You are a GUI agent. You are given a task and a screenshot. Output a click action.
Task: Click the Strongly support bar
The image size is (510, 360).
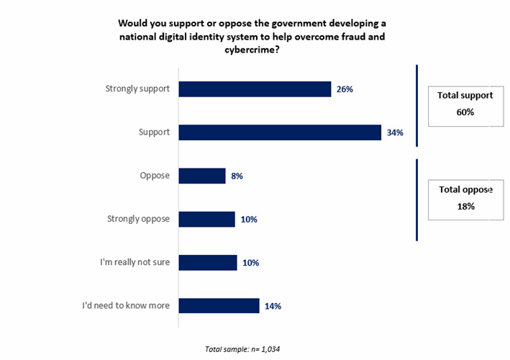[x=255, y=89]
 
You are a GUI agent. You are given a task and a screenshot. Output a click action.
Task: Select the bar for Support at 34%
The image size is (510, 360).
[x=279, y=132]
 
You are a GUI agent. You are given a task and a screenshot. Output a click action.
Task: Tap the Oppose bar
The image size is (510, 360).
[x=201, y=176]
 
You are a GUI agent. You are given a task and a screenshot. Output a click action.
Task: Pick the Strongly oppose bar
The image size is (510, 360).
[x=206, y=219]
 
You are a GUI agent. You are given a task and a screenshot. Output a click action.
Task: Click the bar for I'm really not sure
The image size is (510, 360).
[x=207, y=262]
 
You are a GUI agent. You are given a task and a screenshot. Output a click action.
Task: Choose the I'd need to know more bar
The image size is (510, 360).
[x=219, y=306]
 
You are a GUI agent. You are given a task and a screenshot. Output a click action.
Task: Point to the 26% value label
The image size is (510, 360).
[x=344, y=89]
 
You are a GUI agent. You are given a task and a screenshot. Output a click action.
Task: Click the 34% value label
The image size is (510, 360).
[x=394, y=132]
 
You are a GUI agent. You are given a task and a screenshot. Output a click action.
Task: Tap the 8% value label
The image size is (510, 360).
[x=237, y=176]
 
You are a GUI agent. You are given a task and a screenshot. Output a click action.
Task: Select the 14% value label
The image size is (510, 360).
[x=272, y=306]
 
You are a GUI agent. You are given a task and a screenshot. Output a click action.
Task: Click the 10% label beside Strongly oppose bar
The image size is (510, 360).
[x=248, y=219]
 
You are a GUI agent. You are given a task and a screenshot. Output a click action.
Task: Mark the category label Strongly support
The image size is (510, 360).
[x=137, y=89]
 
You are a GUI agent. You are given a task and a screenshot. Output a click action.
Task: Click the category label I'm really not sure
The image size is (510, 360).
[x=135, y=262]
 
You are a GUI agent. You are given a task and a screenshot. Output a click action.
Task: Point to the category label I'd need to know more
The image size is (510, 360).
[x=126, y=305]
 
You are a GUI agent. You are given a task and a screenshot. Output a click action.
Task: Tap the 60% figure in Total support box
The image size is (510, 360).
[x=465, y=112]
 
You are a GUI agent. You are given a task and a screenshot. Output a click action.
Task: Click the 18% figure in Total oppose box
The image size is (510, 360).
[x=465, y=207]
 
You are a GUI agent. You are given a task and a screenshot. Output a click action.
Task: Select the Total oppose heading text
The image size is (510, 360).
[x=465, y=189]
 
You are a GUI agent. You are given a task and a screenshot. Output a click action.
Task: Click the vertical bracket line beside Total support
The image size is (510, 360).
[x=416, y=106]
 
